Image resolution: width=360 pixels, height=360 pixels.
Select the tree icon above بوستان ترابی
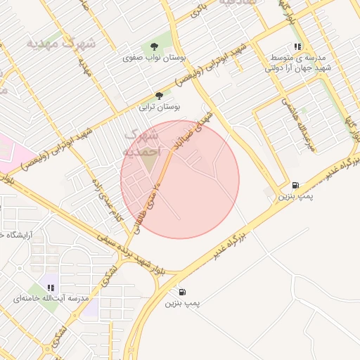click(x=159, y=95)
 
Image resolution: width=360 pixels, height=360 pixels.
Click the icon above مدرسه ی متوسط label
click(x=297, y=46)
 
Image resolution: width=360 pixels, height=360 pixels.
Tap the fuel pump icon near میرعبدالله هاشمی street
click(x=295, y=184)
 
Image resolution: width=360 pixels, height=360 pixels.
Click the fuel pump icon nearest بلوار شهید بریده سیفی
click(x=183, y=291)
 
